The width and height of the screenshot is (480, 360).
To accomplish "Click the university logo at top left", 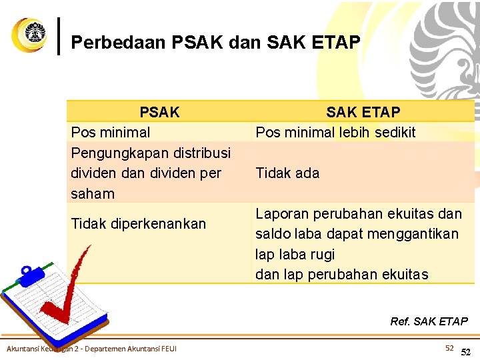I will coord(29,35).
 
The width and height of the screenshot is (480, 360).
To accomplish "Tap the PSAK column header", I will coord(159,112).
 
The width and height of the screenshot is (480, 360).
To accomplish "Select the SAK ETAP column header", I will coord(363,112).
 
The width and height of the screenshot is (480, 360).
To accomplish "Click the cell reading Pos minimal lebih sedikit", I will coord(335,132).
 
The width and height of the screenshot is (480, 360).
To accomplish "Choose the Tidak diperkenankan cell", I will coord(139,224).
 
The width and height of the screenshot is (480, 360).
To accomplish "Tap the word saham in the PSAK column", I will coord(92,194).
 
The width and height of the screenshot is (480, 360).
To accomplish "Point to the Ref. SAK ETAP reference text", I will coord(429,321).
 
